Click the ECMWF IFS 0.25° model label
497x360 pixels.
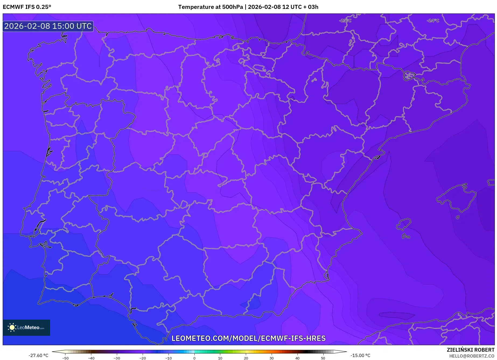[x=27, y=7]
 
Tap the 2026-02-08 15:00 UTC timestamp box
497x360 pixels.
[x=48, y=26]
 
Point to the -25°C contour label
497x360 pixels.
[x=345, y=21]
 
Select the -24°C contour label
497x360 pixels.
[x=433, y=21]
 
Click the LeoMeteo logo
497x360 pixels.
[x=26, y=327]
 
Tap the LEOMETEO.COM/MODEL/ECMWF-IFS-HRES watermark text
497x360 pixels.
[x=248, y=338]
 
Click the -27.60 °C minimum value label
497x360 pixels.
[x=38, y=355]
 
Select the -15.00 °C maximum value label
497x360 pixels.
[x=360, y=355]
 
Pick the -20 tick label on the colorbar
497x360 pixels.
[x=143, y=358]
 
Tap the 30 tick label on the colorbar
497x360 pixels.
[x=271, y=358]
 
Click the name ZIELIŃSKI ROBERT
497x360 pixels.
[x=471, y=350]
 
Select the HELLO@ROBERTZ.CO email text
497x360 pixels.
[x=472, y=356]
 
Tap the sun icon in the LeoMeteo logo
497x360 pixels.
[x=12, y=327]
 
